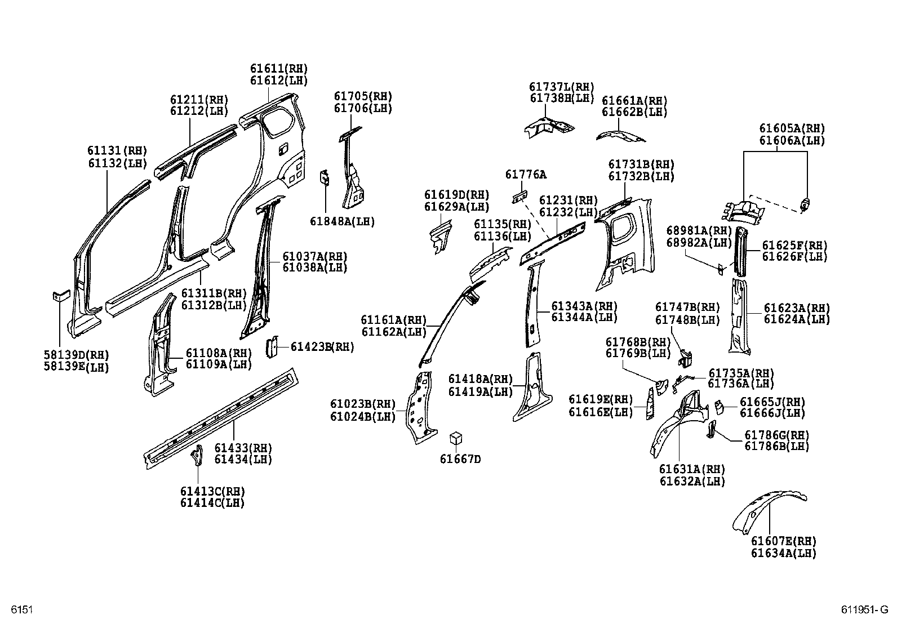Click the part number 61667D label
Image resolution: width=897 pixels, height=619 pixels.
click(x=460, y=459)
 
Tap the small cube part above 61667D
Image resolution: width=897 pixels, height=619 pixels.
click(x=456, y=439)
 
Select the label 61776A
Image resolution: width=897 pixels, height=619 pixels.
click(x=525, y=175)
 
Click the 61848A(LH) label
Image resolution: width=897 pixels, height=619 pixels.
click(x=342, y=221)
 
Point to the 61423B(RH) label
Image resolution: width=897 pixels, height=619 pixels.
click(x=322, y=347)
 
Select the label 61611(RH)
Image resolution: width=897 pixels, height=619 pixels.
click(x=279, y=69)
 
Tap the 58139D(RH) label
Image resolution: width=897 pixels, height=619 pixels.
click(x=76, y=355)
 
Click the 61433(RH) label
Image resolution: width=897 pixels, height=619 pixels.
click(x=243, y=448)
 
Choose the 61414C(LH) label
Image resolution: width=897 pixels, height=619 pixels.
click(x=212, y=503)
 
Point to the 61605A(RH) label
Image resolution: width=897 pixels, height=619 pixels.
click(x=792, y=128)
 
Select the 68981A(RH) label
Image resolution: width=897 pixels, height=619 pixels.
click(x=699, y=230)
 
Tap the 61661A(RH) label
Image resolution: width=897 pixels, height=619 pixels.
click(x=634, y=101)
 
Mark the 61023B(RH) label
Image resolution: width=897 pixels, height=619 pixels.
click(x=363, y=404)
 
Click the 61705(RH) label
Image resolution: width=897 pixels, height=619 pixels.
click(x=362, y=96)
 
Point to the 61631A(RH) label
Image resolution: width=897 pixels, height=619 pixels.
click(x=692, y=469)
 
